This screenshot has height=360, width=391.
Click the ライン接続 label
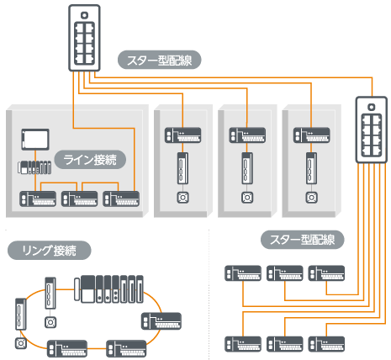(x=90, y=160)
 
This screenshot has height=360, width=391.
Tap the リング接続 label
(x=50, y=250)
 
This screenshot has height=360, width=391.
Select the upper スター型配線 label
(x=160, y=60)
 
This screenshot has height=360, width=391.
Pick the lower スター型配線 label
(x=303, y=240)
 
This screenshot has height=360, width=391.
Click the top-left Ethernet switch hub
(x=84, y=38)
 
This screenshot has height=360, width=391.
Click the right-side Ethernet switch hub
(x=372, y=130)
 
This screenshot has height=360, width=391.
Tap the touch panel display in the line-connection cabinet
(x=35, y=140)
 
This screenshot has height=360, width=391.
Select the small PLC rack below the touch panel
(x=34, y=167)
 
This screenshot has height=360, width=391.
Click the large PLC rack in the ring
(x=109, y=289)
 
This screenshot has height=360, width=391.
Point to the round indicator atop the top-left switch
(x=84, y=15)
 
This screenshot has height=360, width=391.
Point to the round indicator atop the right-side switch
(x=372, y=107)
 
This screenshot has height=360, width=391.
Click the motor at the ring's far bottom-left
(x=21, y=343)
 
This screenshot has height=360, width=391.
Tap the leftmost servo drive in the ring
(x=21, y=314)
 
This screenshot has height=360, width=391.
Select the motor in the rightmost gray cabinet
(x=311, y=198)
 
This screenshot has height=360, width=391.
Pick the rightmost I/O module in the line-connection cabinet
(x=121, y=199)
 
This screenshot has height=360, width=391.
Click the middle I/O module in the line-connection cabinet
(x=79, y=199)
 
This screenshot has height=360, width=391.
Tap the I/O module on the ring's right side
(x=161, y=321)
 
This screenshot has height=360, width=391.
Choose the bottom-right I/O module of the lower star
(x=326, y=344)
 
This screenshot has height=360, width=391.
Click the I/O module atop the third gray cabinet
(x=247, y=135)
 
